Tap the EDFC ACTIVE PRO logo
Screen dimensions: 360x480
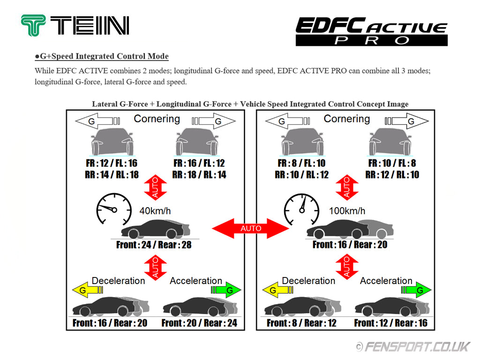[371, 31]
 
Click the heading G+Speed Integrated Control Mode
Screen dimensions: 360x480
[102, 56]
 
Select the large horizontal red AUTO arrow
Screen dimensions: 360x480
[250, 228]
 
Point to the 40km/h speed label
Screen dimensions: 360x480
[155, 211]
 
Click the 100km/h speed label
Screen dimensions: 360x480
[347, 211]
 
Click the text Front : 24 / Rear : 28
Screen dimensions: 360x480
[154, 245]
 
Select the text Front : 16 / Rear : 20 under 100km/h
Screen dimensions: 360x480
[350, 245]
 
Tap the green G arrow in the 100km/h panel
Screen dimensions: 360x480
[415, 291]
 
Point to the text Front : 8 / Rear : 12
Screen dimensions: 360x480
[301, 323]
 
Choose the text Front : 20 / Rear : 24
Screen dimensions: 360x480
[199, 323]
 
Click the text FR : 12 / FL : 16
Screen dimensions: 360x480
[109, 164]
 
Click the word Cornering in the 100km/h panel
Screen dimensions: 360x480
[347, 119]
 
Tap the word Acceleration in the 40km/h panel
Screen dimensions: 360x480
[196, 281]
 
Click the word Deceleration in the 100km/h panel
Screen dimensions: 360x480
[308, 281]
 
